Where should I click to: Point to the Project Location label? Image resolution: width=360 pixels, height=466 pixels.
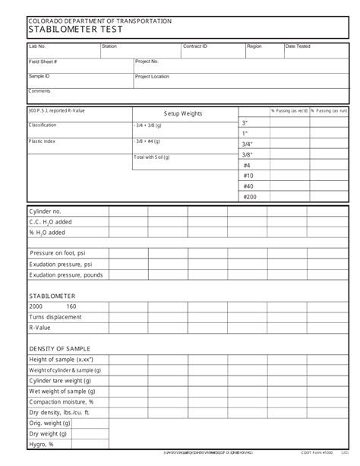click(152, 77)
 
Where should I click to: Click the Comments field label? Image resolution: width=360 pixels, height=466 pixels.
click(39, 91)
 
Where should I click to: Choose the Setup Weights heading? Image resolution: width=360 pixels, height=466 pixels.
click(183, 113)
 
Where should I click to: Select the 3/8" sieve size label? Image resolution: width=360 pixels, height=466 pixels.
click(248, 154)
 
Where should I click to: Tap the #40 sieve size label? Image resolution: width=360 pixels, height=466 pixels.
click(248, 186)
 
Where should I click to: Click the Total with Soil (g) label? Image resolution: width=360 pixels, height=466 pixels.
click(152, 157)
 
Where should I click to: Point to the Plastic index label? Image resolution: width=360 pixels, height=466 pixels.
click(43, 141)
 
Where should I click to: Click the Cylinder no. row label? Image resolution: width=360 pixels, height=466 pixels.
click(45, 211)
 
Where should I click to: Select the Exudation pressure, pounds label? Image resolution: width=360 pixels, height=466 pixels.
click(66, 274)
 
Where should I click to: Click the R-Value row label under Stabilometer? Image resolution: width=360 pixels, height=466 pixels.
click(40, 328)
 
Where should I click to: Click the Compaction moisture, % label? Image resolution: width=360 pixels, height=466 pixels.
click(62, 401)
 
